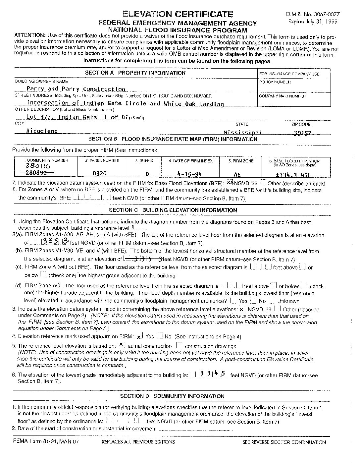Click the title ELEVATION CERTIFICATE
point(178,14)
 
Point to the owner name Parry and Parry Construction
point(76,89)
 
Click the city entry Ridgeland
point(42,131)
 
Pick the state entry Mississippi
point(242,133)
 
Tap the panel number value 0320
point(99,173)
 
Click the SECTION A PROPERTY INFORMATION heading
point(135,73)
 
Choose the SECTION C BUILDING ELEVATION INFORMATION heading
point(173,210)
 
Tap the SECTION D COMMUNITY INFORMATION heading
point(172,396)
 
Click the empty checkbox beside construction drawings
point(179,345)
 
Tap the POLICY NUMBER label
point(275,82)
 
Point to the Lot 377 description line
point(86,117)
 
